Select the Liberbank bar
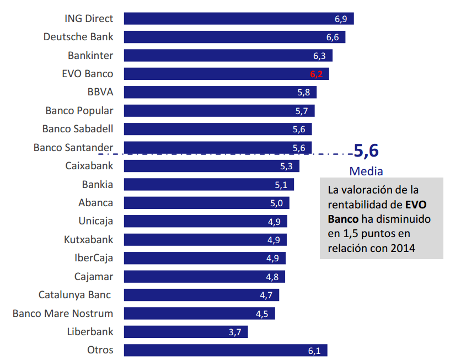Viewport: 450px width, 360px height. [186, 332]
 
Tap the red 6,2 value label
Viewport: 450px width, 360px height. [316, 74]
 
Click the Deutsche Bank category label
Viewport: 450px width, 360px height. [78, 37]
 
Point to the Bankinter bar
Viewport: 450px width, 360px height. [228, 56]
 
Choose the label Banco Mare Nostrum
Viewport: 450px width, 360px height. [63, 314]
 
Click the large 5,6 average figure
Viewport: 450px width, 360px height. [366, 151]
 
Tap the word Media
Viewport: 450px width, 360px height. [366, 171]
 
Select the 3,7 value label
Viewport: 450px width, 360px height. [235, 332]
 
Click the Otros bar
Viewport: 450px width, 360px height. [226, 351]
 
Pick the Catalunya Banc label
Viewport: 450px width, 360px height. [74, 295]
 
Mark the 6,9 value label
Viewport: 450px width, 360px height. [341, 19]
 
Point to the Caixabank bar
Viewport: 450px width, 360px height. [211, 166]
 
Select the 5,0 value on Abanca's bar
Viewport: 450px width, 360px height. [276, 203]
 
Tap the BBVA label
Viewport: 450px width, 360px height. [100, 92]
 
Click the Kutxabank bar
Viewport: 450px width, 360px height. [205, 240]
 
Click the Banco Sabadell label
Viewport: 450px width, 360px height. [78, 129]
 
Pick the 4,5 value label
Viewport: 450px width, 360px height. [262, 314]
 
